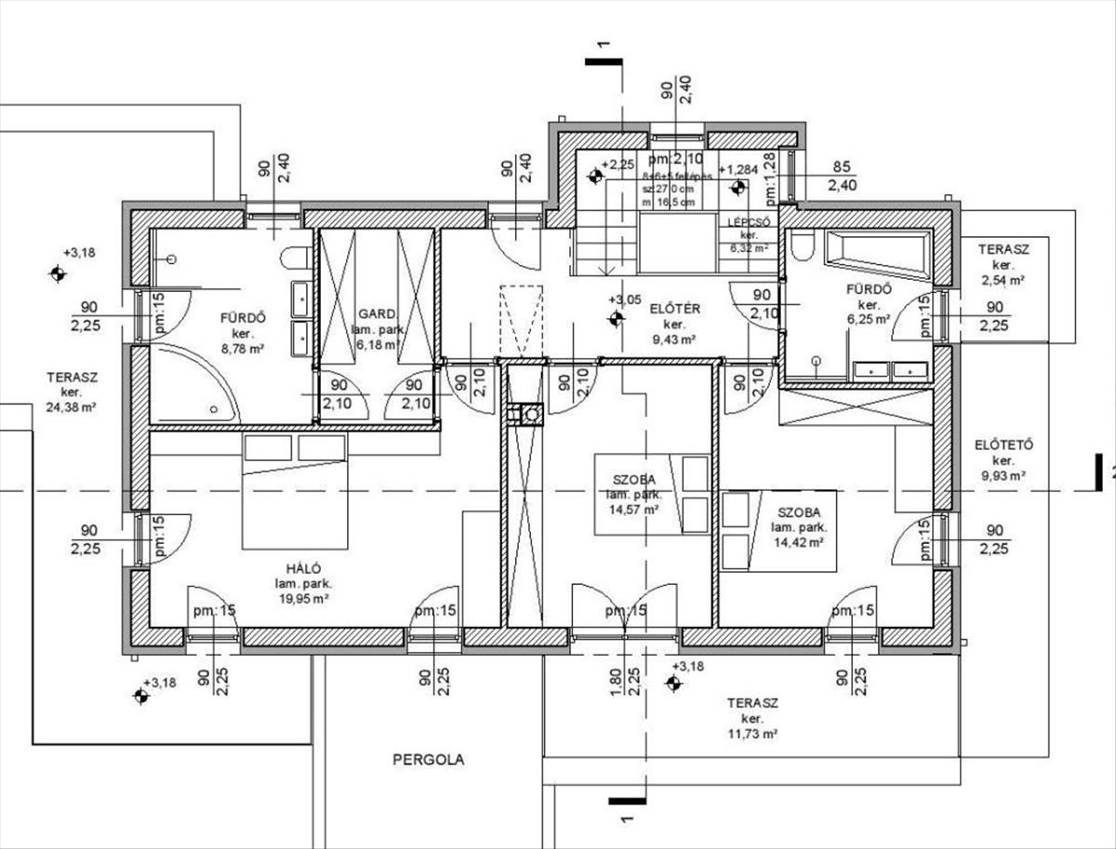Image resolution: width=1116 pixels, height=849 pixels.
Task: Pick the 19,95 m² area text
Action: tap(303, 600)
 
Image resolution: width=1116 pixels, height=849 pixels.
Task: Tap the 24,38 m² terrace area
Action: tap(72, 406)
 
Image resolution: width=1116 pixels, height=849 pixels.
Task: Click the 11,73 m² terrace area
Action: tap(751, 734)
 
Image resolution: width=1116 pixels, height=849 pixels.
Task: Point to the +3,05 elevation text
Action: tap(624, 299)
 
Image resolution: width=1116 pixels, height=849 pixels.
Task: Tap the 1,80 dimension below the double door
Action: tap(615, 682)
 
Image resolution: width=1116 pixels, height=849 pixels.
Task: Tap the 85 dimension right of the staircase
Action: tap(843, 168)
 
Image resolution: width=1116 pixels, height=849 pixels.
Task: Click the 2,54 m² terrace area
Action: tap(1002, 279)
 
